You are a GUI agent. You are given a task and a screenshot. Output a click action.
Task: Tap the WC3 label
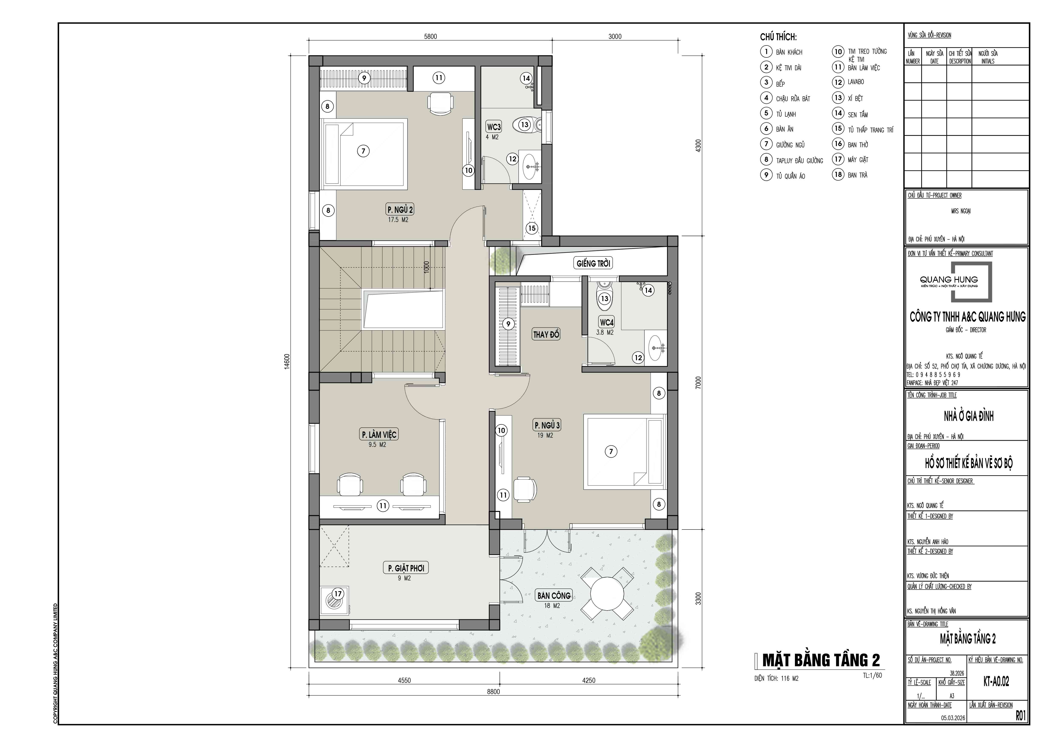[x=494, y=127]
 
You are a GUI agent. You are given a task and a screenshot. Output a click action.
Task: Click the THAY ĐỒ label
[x=546, y=335]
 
